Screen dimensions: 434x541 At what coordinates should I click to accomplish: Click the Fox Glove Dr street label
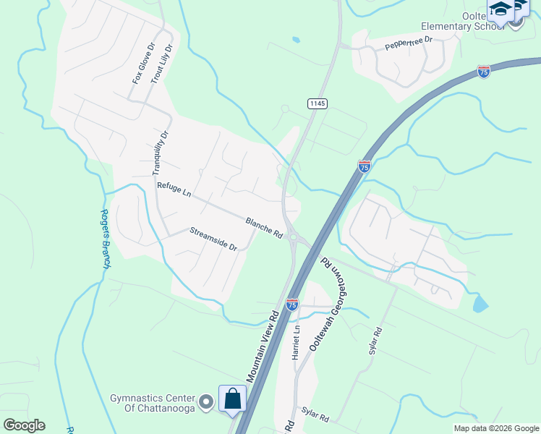pyautogui.click(x=144, y=63)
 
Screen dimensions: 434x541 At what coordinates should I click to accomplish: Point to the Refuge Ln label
pyautogui.click(x=174, y=191)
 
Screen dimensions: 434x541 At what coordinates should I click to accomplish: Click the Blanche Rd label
pyautogui.click(x=263, y=228)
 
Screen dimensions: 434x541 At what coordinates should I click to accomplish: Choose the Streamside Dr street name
pyautogui.click(x=213, y=239)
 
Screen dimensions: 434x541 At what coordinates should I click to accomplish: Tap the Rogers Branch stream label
pyautogui.click(x=105, y=239)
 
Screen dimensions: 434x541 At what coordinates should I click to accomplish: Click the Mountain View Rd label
pyautogui.click(x=263, y=347)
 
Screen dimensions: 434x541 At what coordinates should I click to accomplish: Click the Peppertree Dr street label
pyautogui.click(x=408, y=43)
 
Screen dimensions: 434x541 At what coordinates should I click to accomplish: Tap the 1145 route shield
pyautogui.click(x=318, y=103)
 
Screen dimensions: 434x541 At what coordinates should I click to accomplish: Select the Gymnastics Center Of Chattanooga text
pyautogui.click(x=153, y=403)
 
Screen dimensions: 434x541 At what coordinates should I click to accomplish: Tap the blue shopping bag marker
pyautogui.click(x=233, y=399)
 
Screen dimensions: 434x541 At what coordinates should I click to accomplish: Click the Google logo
pyautogui.click(x=24, y=425)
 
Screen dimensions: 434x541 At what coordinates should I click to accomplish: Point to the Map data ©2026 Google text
pyautogui.click(x=495, y=428)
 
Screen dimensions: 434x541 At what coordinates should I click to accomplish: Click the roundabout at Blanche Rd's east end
pyautogui.click(x=293, y=237)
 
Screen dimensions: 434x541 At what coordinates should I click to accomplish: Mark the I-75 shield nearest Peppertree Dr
pyautogui.click(x=484, y=71)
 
